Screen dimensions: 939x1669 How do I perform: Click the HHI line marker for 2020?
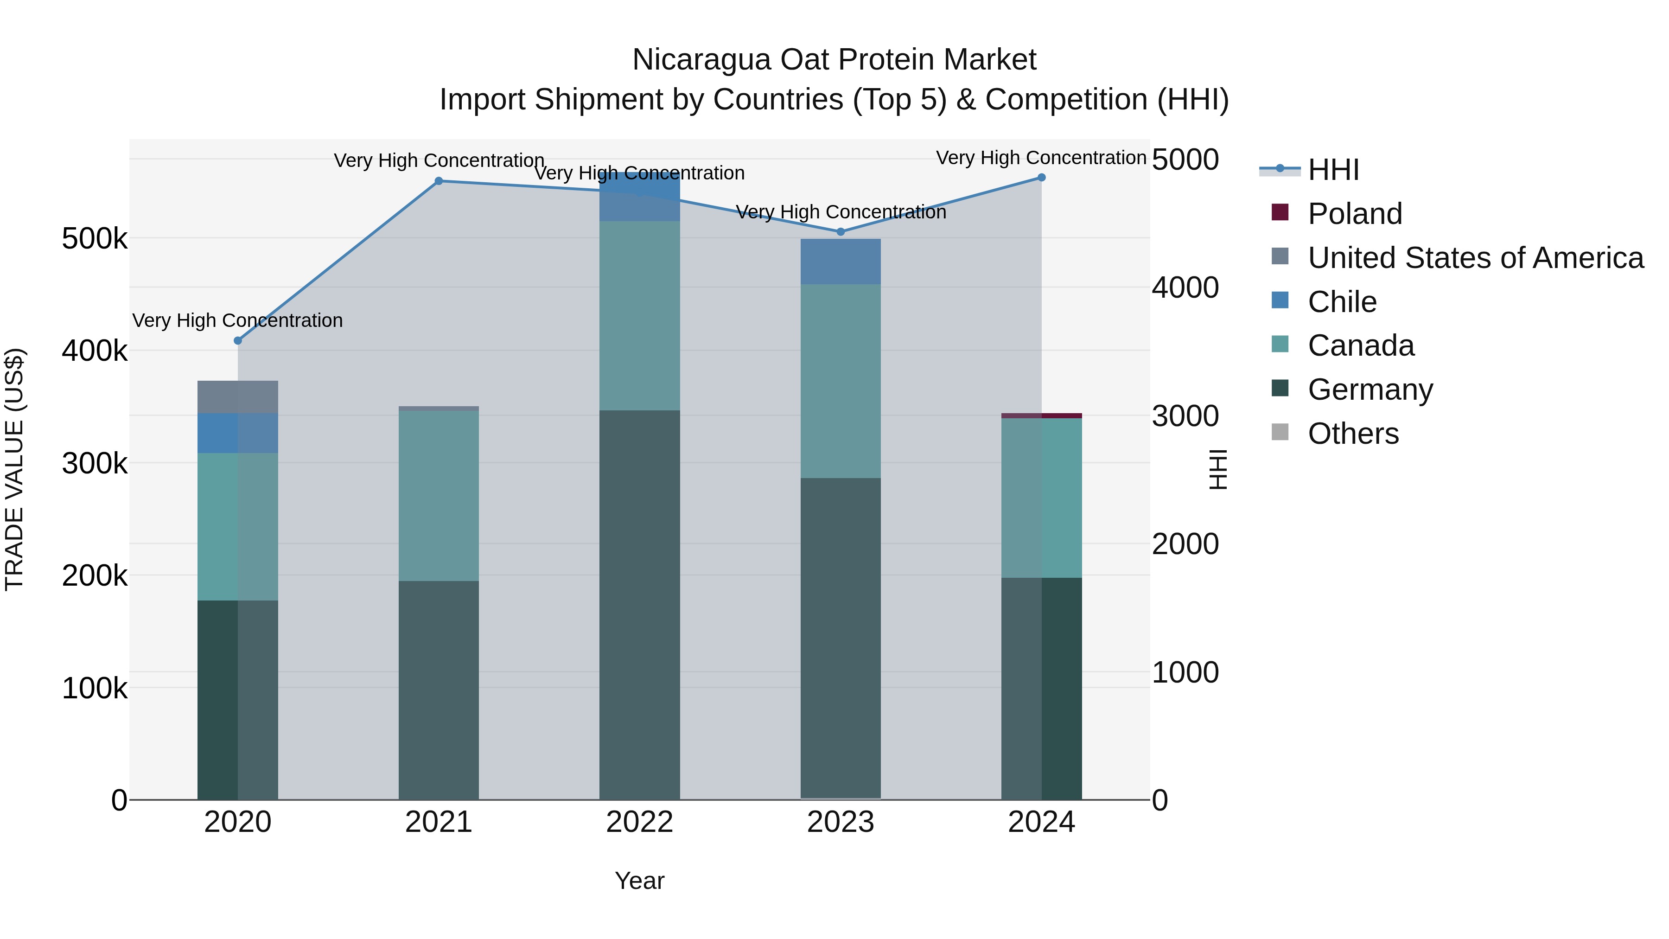[x=238, y=341]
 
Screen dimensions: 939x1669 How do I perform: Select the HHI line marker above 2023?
[x=841, y=232]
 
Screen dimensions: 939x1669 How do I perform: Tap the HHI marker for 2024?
[x=1041, y=178]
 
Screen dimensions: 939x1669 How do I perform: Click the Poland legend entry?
[x=1354, y=214]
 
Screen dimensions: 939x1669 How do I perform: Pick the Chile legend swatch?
[x=1280, y=300]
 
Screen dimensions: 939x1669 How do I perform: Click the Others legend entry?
[x=1353, y=434]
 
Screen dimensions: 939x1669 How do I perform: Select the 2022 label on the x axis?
[x=639, y=822]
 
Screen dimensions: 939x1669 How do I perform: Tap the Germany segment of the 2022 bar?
[x=639, y=603]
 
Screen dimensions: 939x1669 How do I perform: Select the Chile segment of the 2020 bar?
[x=238, y=433]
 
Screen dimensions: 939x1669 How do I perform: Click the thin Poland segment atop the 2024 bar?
[x=1041, y=415]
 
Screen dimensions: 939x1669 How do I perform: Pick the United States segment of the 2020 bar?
[x=238, y=396]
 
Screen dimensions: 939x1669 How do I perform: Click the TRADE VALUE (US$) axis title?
[x=14, y=469]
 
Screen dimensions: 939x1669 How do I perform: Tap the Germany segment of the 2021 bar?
[x=439, y=690]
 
